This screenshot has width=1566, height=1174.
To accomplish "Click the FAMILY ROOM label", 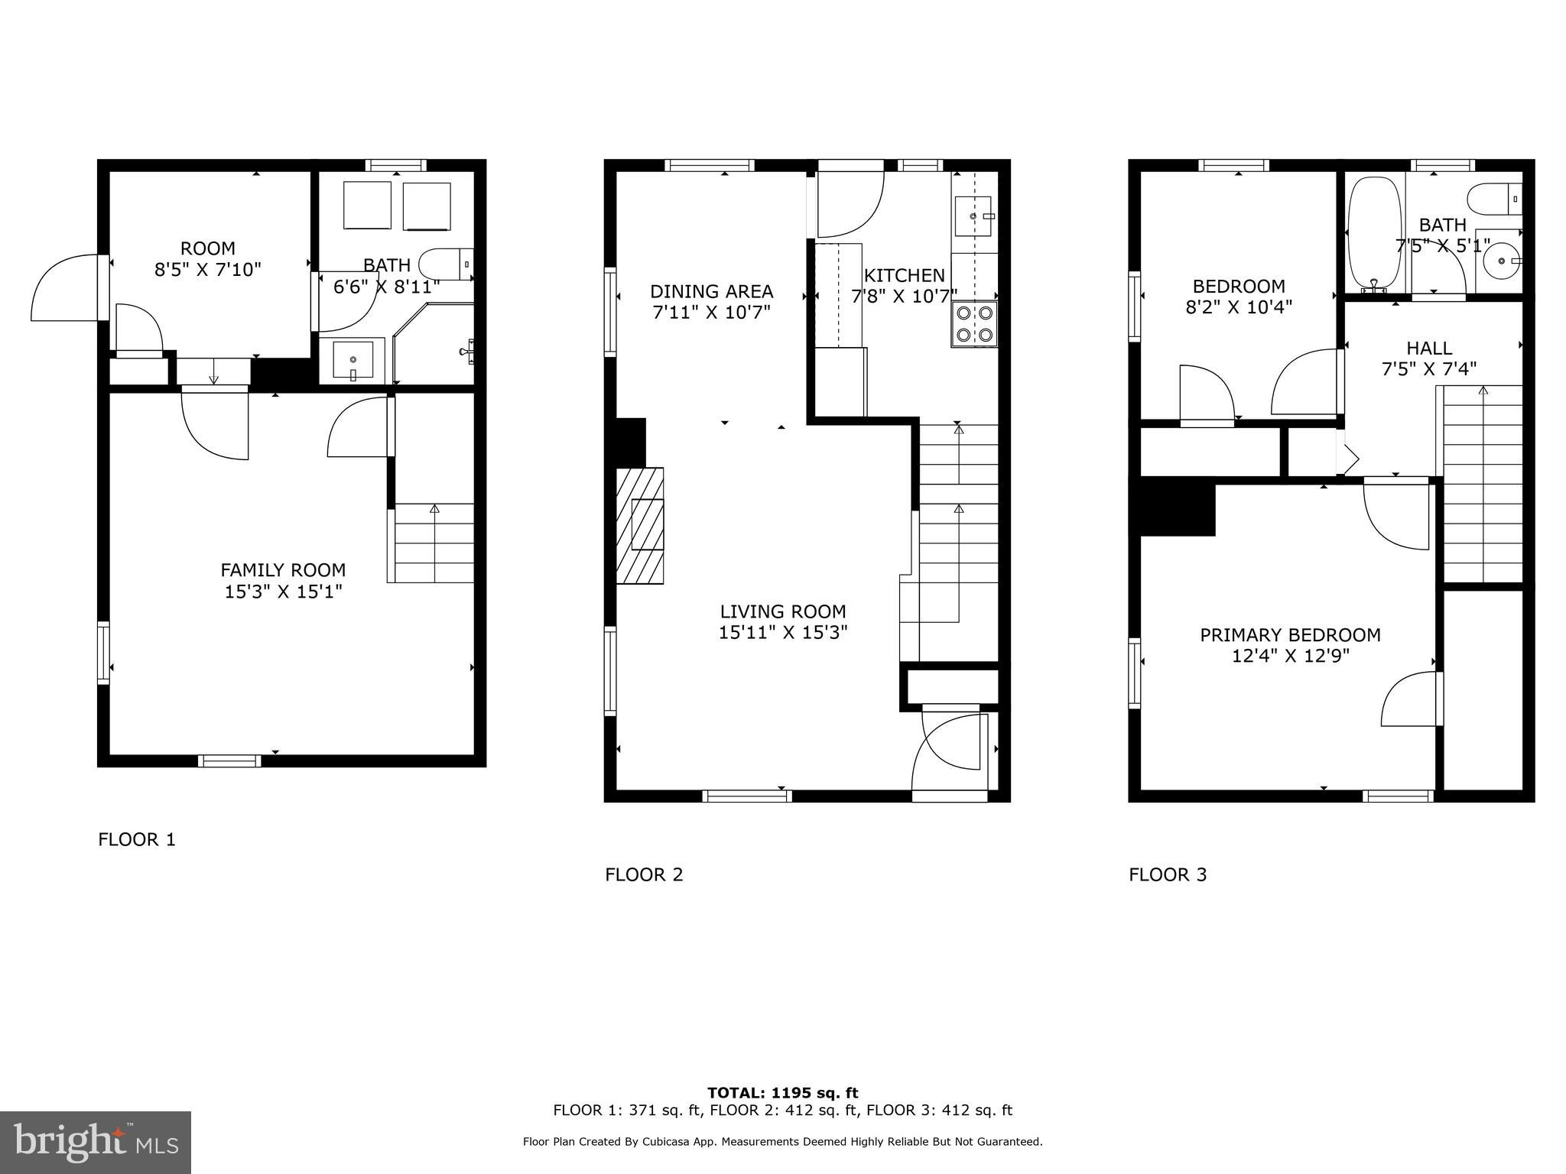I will click(283, 570).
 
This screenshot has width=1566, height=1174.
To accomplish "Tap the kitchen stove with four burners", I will click(974, 324).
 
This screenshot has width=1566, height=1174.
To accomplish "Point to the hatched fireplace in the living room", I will click(640, 525).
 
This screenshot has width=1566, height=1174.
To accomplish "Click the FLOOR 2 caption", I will click(644, 874).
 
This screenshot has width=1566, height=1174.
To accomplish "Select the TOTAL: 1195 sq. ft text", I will click(782, 1093).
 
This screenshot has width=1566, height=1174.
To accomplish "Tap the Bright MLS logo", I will click(96, 1143).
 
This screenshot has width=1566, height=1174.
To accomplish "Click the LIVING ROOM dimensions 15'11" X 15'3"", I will click(783, 633).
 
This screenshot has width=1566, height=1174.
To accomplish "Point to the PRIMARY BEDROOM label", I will click(1290, 635).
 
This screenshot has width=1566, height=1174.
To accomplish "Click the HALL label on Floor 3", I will click(1429, 349).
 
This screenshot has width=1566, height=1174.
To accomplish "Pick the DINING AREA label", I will click(711, 291).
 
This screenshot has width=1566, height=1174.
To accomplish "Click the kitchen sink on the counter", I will click(974, 216).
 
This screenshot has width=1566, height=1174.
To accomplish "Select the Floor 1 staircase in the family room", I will click(434, 543).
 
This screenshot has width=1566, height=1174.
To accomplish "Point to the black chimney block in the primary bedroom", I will click(1177, 507).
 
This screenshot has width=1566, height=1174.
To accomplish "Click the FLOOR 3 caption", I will click(1168, 874).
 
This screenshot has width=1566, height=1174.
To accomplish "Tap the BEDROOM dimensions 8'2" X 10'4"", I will click(1239, 307).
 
